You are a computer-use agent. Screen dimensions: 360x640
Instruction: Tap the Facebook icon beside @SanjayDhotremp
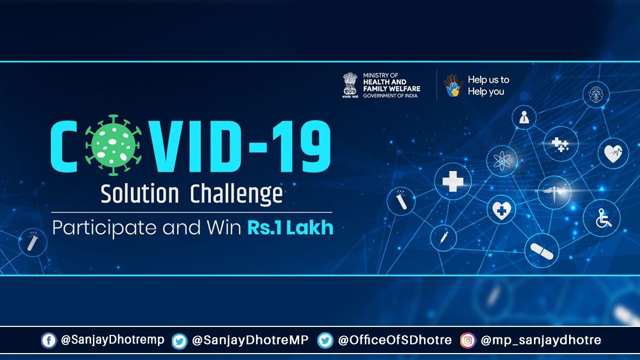point(49,340)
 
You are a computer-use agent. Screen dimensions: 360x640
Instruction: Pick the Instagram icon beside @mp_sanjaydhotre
point(468,340)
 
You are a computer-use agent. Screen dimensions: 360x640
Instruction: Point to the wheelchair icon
point(602,218)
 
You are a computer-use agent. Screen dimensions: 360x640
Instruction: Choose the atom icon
point(502,160)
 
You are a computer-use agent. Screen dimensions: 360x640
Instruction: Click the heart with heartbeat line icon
point(612,154)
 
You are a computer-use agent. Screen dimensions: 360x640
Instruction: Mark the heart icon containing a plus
point(501,209)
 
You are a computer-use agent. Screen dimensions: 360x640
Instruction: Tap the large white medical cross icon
point(453,181)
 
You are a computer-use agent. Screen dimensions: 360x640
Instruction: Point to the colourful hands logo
point(453,85)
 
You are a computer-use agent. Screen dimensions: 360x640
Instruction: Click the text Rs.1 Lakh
point(290,228)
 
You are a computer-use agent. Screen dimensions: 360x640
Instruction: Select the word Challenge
point(236,195)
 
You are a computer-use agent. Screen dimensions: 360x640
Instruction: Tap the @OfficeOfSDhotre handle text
point(395,340)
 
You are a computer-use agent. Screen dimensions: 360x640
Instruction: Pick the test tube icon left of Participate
point(33,243)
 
